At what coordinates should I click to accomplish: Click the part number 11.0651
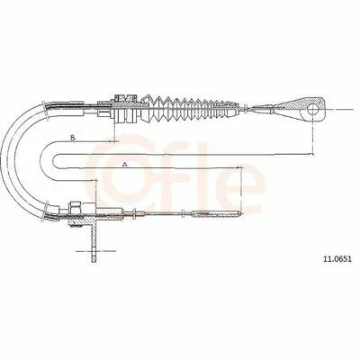[337, 258]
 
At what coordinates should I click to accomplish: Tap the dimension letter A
[125, 165]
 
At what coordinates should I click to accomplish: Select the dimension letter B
[72, 138]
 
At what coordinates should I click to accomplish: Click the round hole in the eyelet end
[312, 110]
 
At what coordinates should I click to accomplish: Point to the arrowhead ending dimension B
[112, 141]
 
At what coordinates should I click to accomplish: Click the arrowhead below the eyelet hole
[311, 154]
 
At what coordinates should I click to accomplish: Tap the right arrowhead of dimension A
[238, 167]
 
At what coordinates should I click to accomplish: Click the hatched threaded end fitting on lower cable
[217, 213]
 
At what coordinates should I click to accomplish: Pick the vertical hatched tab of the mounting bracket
[94, 241]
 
